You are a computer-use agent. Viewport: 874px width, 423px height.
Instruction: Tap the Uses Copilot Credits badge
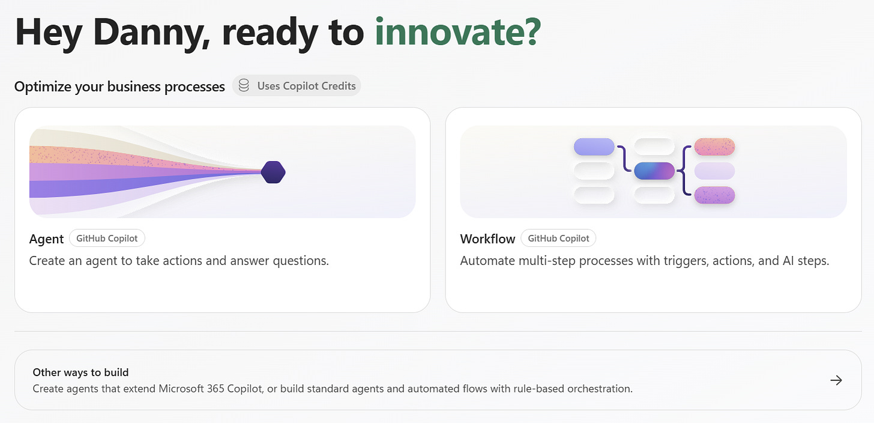297,85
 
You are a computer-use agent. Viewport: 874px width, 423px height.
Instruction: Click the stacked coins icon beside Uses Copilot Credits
244,85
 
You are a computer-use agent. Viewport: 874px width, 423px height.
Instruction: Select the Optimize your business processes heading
119,87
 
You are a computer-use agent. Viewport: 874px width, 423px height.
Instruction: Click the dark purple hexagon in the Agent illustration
273,172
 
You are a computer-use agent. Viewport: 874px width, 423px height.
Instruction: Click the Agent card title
46,239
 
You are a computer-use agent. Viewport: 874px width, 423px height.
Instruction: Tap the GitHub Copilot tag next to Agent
107,239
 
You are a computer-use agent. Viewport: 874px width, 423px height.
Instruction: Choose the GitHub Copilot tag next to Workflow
558,239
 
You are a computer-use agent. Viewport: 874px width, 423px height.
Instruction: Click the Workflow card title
487,239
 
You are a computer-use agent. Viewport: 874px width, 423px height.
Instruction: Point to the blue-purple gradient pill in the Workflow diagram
654,171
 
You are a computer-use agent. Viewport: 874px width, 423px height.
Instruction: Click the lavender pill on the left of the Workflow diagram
594,147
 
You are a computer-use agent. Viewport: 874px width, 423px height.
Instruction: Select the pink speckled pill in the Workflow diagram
714,147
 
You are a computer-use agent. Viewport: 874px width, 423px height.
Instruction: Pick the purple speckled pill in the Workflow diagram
714,195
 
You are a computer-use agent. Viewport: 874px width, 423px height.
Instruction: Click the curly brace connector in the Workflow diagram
683,170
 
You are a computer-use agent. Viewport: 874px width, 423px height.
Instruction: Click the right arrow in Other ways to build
836,380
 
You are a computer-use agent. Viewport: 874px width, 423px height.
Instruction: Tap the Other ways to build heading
81,372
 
